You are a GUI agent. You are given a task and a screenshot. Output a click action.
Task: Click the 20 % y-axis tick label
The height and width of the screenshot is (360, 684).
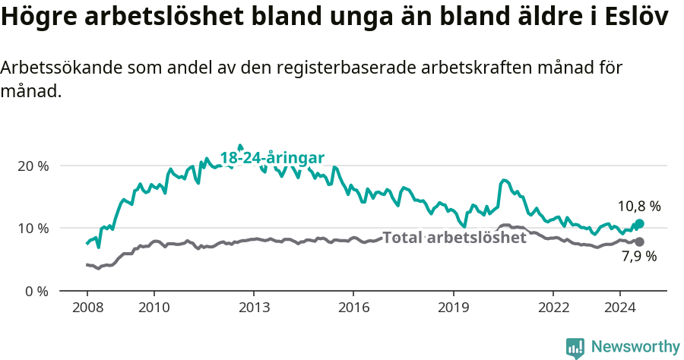33,166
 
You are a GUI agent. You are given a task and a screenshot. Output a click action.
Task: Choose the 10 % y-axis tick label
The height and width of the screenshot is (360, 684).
33,228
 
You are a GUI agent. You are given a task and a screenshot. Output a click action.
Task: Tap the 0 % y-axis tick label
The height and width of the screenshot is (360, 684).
36,291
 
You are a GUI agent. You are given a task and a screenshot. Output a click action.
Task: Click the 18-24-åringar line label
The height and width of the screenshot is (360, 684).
272,158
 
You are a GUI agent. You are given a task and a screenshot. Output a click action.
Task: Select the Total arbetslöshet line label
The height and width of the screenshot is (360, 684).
454,238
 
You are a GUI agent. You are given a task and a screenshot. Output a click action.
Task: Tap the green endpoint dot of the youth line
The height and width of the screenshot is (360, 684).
639,224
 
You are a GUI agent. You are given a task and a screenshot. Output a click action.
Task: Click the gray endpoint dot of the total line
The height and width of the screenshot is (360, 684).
639,242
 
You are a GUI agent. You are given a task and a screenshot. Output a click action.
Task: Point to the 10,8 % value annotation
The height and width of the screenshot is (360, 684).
638,206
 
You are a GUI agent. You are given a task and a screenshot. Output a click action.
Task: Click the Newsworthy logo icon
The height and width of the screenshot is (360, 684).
575,348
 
